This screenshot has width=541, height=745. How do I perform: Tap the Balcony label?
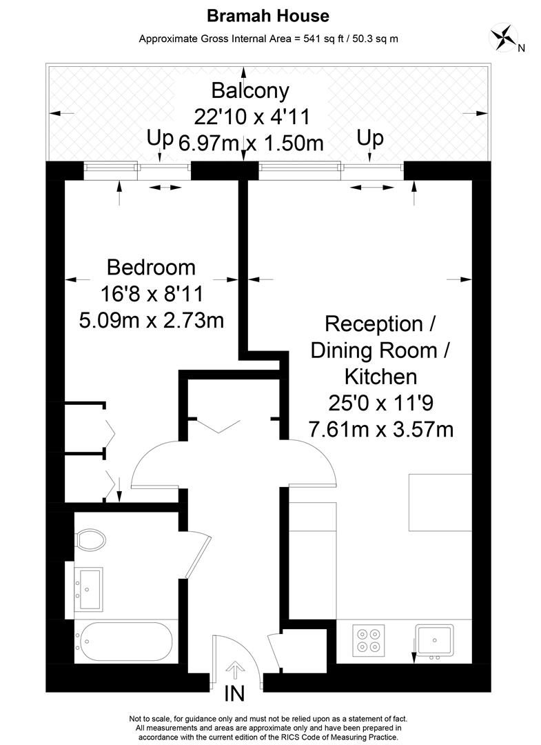pyautogui.click(x=250, y=90)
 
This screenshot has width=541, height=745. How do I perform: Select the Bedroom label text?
pyautogui.click(x=151, y=267)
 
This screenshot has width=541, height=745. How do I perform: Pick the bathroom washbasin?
pyautogui.click(x=88, y=588)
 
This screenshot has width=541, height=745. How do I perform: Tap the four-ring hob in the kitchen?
pyautogui.click(x=368, y=640)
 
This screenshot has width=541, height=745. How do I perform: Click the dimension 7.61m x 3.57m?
pyautogui.click(x=380, y=430)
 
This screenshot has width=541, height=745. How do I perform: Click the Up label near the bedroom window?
pyautogui.click(x=160, y=139)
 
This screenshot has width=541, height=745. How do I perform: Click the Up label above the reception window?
pyautogui.click(x=370, y=139)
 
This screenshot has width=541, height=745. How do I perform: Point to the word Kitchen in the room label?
pyautogui.click(x=380, y=377)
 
